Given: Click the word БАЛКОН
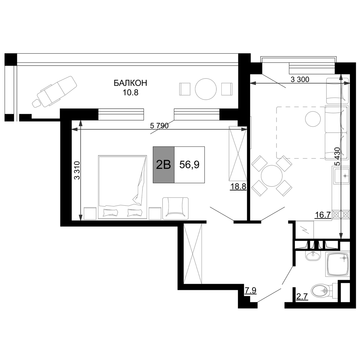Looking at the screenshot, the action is click(x=130, y=83).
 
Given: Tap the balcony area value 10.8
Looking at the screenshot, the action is click(x=130, y=93).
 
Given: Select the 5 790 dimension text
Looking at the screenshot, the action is click(x=159, y=126).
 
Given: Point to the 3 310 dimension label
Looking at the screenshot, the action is click(x=77, y=170).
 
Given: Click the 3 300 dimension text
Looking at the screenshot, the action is click(x=300, y=80).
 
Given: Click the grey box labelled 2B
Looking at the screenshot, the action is click(x=164, y=165).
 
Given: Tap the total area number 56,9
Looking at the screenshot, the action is click(x=189, y=165).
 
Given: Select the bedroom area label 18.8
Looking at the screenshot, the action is click(x=238, y=187).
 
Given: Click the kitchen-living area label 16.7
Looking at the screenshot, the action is click(x=323, y=215).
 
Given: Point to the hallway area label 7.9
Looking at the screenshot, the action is click(x=250, y=291).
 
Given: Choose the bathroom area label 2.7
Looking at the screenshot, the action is click(x=301, y=297).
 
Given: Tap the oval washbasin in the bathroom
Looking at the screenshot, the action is click(x=313, y=255).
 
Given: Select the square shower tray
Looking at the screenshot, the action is click(x=338, y=264).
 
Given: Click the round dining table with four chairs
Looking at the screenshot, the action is click(x=271, y=176).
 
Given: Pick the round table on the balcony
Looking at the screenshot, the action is click(x=206, y=89).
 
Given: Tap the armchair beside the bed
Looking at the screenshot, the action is click(x=175, y=208).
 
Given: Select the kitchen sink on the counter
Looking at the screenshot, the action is click(x=342, y=175).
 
